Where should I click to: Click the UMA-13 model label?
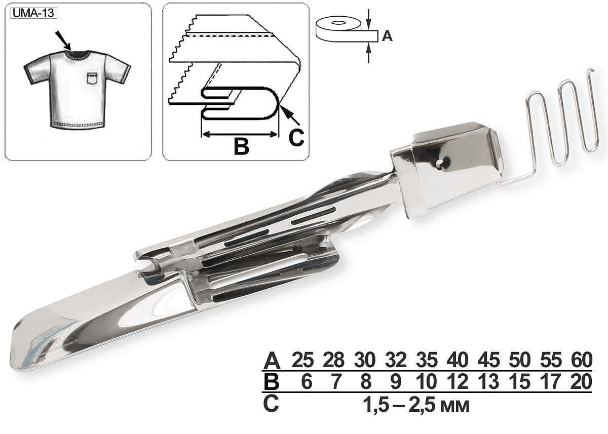(33, 13)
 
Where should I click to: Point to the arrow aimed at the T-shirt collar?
(63, 41)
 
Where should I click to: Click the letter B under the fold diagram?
(241, 147)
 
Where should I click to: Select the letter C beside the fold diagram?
(296, 137)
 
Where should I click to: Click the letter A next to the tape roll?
(387, 36)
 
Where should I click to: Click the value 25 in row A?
(302, 360)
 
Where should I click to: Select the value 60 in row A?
(581, 360)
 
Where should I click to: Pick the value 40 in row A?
(458, 360)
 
